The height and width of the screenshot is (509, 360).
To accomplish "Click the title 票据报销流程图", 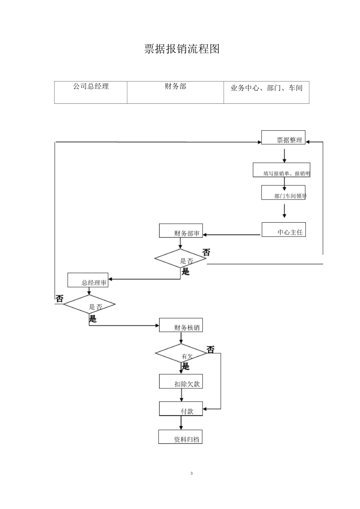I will point(182,49).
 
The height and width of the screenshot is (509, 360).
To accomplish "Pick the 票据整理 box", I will point(283,138).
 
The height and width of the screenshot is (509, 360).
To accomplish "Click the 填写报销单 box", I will point(282,170).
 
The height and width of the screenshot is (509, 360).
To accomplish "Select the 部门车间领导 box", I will point(283,192).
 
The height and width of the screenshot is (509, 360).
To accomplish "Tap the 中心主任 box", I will point(284,230).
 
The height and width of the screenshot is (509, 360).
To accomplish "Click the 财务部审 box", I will point(181,231).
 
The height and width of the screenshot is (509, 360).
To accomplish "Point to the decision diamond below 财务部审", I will point(180,259).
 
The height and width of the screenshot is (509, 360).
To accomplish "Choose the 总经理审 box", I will point(88,280).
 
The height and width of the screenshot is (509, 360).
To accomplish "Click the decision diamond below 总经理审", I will point(89,304).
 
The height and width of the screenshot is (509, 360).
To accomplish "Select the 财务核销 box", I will point(181,325).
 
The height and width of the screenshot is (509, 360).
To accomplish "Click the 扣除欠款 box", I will point(181,381).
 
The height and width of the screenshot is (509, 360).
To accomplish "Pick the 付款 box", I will point(181,409).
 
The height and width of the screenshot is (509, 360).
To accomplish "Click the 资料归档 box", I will point(181,437).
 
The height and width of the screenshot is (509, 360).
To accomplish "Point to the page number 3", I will point(191,473).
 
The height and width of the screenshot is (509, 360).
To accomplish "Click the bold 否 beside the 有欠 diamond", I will point(210,349).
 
